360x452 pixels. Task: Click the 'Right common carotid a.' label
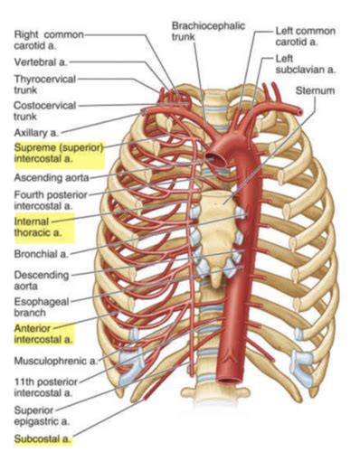49,40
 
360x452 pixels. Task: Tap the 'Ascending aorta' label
51,177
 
